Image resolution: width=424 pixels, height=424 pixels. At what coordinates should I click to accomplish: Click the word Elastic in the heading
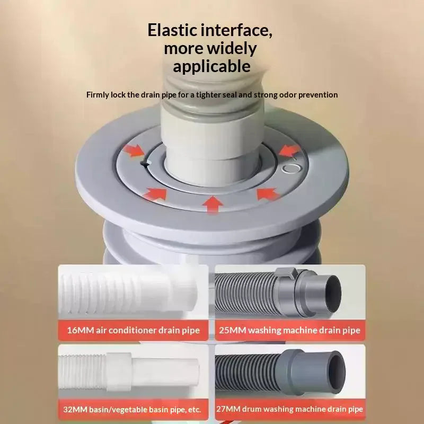(x=173, y=30)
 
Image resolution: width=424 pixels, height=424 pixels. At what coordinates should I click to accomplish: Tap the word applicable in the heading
(x=211, y=67)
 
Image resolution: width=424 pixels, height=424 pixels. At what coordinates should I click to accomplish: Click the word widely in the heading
(x=232, y=49)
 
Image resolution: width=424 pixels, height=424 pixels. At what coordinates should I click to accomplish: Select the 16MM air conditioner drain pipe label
(x=134, y=330)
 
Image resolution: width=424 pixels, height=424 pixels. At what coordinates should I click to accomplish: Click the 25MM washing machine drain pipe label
(x=289, y=330)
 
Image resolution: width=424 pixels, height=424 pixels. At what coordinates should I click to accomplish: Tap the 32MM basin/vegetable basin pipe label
(x=132, y=409)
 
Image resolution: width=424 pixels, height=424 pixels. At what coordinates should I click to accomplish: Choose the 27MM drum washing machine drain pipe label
(x=289, y=409)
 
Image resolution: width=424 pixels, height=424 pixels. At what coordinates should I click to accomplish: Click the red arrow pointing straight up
(x=213, y=205)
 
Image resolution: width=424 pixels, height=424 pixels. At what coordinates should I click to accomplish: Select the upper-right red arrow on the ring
(x=289, y=151)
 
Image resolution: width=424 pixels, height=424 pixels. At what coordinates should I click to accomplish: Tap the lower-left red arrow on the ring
(x=155, y=193)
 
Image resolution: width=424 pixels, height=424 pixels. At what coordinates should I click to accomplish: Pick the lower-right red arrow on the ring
(x=268, y=193)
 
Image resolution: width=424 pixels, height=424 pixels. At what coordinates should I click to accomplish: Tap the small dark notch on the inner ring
(x=144, y=163)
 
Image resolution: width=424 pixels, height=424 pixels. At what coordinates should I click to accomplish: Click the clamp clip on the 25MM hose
(x=286, y=273)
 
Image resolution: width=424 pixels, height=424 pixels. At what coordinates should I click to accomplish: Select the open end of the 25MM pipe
(x=333, y=294)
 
